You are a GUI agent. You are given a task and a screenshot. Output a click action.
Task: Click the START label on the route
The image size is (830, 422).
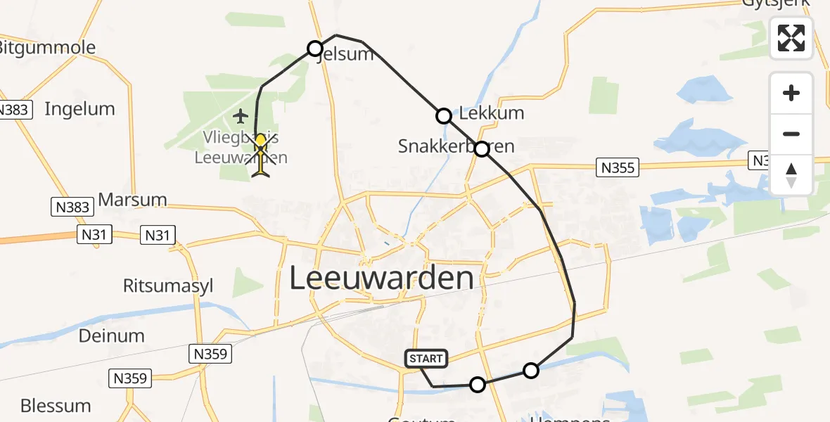click(x=426, y=359)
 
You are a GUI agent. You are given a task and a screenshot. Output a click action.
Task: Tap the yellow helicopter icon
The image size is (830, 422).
click(x=261, y=155)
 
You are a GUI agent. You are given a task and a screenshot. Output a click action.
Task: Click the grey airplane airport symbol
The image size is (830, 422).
click(x=241, y=115)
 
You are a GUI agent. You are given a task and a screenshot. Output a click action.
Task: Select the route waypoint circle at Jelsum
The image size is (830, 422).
click(x=315, y=49)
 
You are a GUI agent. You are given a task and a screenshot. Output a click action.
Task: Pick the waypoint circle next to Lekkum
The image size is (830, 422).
click(x=444, y=116)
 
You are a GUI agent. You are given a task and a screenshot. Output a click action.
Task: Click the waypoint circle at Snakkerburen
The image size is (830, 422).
click(x=482, y=149)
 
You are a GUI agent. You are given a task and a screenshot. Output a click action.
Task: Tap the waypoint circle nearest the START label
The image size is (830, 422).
click(x=478, y=385)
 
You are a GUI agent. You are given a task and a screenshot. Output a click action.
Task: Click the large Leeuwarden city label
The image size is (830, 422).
click(x=382, y=279)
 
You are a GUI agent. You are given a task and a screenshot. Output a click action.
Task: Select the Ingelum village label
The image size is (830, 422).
click(x=79, y=108)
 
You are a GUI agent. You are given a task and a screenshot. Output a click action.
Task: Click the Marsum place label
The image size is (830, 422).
click(x=132, y=199)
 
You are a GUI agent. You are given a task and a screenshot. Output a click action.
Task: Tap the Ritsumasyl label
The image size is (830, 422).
click(x=168, y=286)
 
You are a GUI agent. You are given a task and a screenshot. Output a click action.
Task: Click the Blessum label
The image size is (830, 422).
click(x=56, y=406)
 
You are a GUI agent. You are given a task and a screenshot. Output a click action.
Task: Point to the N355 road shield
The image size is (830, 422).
click(x=617, y=167)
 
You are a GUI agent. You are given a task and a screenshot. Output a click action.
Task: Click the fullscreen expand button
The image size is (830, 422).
click(x=791, y=38)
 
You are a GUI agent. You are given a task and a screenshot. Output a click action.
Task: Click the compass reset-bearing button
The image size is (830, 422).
click(x=791, y=174)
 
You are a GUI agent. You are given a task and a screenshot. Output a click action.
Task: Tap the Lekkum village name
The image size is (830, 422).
click(x=492, y=113)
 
